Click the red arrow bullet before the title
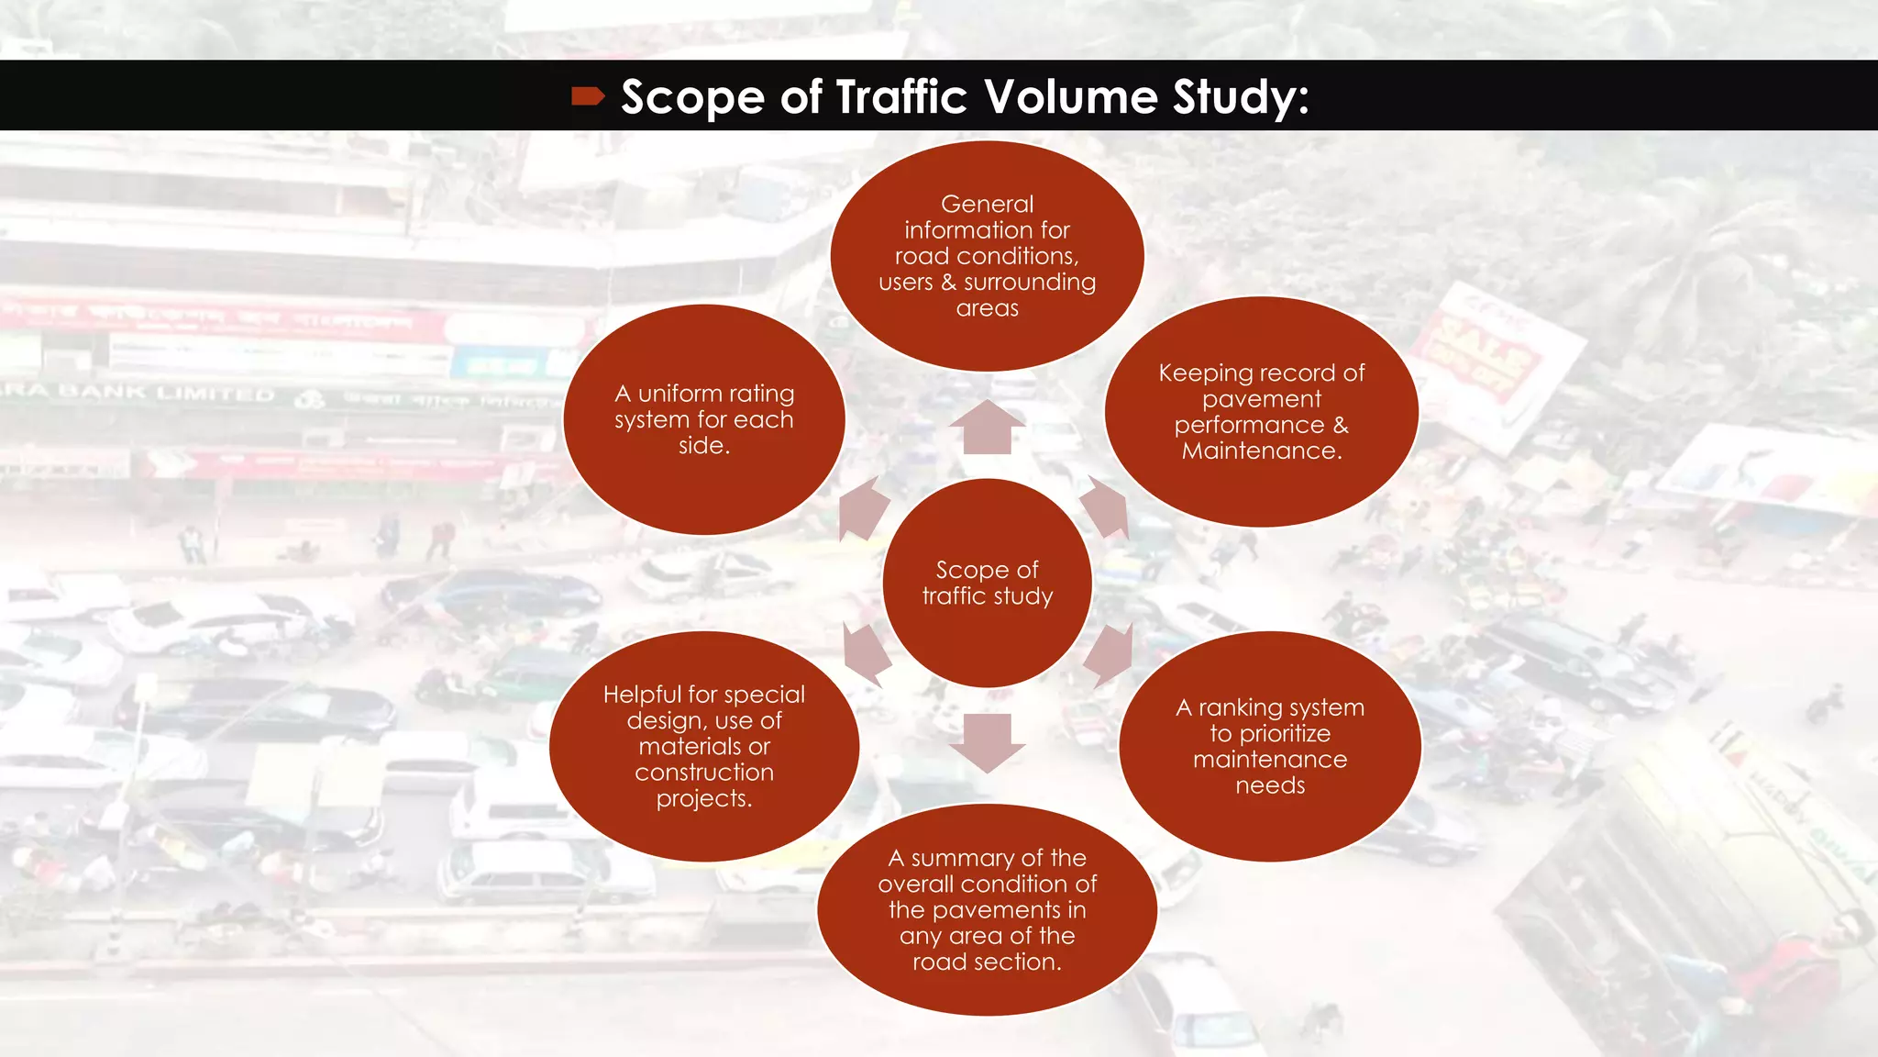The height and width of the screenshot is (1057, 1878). click(588, 96)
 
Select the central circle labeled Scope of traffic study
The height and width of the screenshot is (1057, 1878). click(987, 584)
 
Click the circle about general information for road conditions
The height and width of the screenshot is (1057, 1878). click(987, 256)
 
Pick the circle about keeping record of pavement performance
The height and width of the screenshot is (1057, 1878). click(1261, 412)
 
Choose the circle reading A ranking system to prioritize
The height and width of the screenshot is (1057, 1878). click(1270, 746)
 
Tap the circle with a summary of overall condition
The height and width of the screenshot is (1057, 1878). click(987, 909)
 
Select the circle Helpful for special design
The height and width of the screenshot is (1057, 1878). click(704, 746)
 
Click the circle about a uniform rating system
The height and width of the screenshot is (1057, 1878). click(704, 419)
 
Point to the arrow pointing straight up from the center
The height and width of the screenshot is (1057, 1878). click(987, 428)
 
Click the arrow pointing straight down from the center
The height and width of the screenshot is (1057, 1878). click(987, 741)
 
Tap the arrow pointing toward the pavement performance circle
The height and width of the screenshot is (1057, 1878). click(1105, 506)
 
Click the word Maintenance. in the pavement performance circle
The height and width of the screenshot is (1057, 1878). click(1261, 451)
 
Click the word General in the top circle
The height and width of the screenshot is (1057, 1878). click(987, 204)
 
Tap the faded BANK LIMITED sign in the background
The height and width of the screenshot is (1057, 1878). click(165, 394)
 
